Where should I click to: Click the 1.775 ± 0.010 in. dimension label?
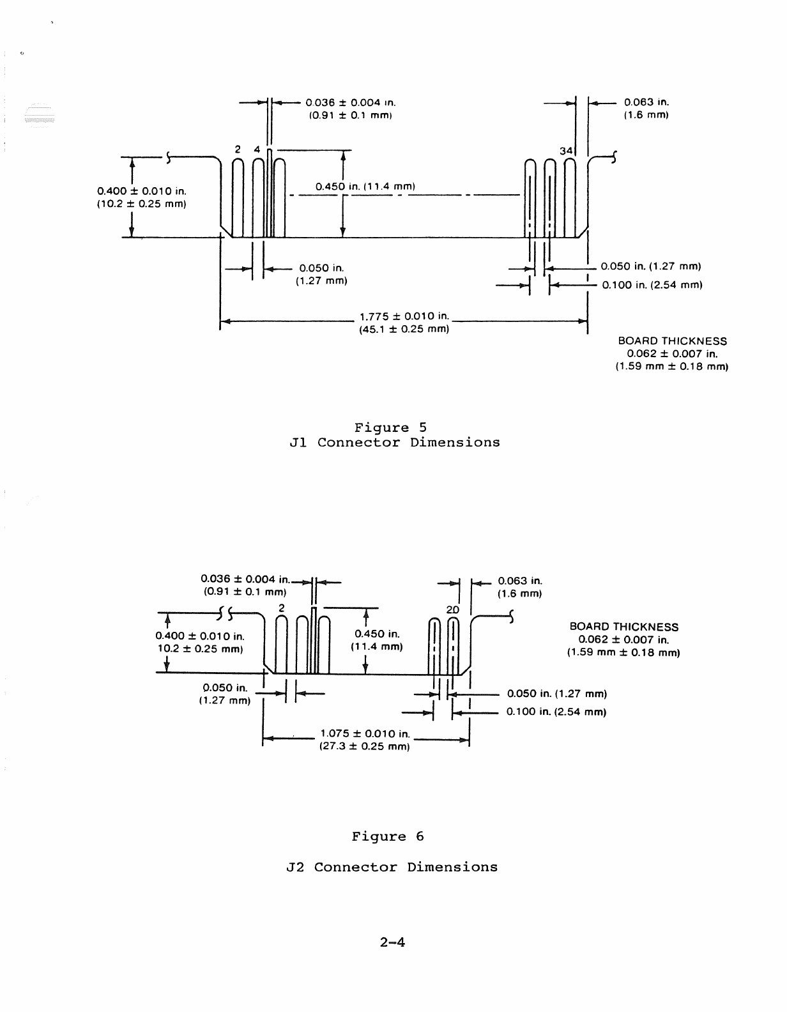pos(404,316)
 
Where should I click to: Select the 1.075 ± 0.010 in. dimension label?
pos(364,733)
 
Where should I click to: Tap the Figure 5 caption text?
pos(390,427)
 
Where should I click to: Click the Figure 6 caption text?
pos(388,836)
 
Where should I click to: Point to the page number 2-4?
pos(392,942)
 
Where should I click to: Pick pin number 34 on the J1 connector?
pos(566,150)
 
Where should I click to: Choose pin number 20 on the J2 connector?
pos(452,609)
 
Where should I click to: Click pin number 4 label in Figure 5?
pos(257,149)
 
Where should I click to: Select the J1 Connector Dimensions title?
pos(394,442)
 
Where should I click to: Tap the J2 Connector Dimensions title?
pos(392,867)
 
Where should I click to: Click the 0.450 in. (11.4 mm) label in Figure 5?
pos(365,187)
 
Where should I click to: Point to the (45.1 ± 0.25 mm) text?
pos(404,329)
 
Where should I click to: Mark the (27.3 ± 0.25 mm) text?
pos(363,746)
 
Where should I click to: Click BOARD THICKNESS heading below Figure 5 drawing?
pos(672,341)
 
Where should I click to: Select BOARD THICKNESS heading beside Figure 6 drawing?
pos(623,627)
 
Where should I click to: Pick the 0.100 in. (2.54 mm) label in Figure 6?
pos(556,712)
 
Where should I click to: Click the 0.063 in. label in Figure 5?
pos(646,102)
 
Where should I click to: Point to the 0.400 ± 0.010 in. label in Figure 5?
pos(141,191)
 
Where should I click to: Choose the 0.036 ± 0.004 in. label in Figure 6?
pos(245,579)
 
